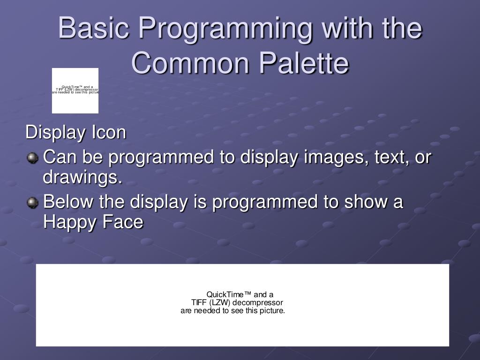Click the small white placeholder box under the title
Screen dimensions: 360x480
pyautogui.click(x=75, y=91)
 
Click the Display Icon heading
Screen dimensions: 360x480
pyautogui.click(x=76, y=132)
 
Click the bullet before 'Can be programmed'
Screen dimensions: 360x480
pyautogui.click(x=32, y=157)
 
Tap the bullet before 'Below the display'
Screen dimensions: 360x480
pyautogui.click(x=32, y=202)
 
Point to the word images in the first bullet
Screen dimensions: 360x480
pyautogui.click(x=330, y=157)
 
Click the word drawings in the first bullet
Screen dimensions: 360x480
pyautogui.click(x=82, y=178)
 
